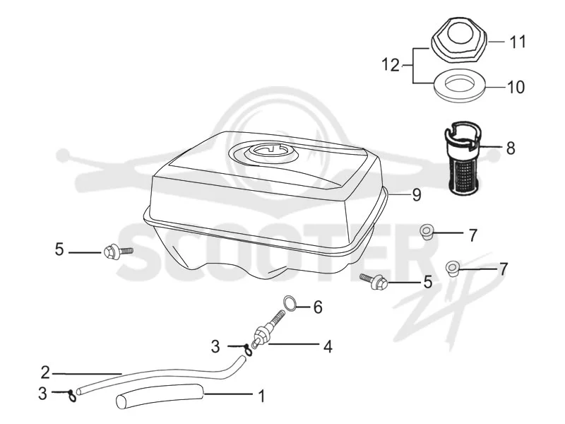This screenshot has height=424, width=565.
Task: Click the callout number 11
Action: (x=518, y=42)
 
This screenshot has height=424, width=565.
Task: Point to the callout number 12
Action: (x=391, y=65)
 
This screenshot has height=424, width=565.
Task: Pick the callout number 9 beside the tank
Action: (x=416, y=195)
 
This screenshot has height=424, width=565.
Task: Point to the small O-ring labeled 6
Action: (x=290, y=302)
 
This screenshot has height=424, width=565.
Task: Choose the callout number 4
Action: (x=328, y=346)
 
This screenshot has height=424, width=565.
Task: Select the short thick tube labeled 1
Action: (x=160, y=396)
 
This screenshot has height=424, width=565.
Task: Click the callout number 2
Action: (x=45, y=372)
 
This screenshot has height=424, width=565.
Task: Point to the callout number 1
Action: (x=262, y=396)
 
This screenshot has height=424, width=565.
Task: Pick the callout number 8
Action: (x=511, y=148)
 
